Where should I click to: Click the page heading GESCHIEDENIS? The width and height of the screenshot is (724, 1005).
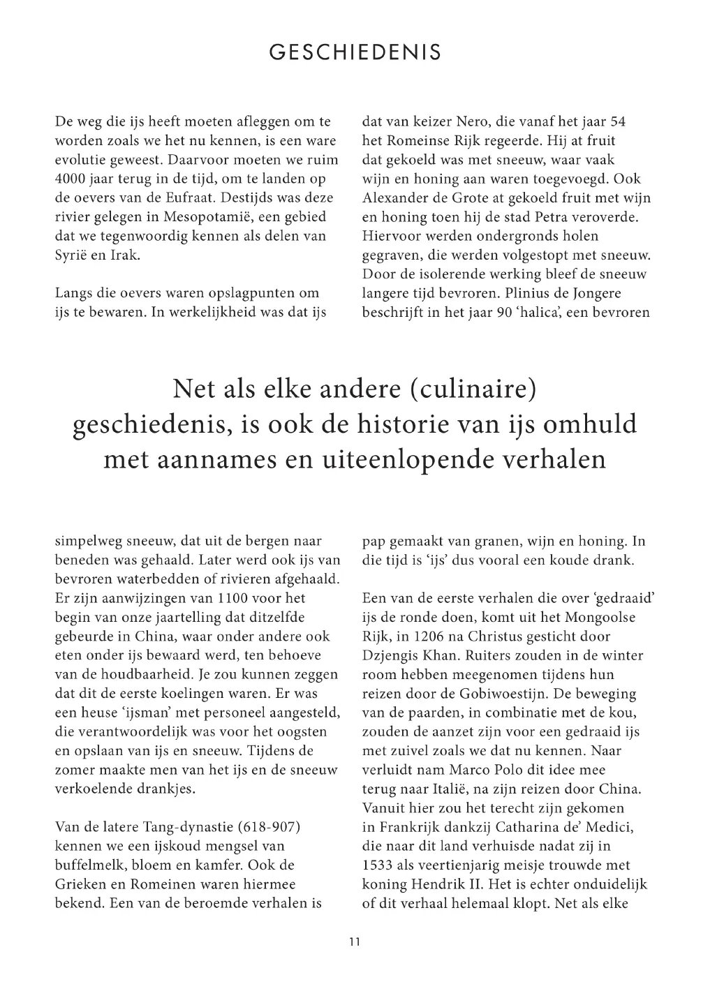[355, 52]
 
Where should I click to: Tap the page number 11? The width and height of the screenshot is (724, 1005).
[355, 941]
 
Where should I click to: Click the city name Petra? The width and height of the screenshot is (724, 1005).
[554, 198]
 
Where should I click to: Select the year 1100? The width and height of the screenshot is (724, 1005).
[236, 598]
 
